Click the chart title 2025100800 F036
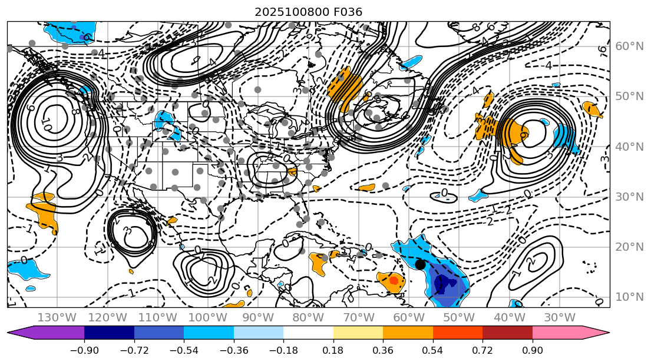tap(308, 12)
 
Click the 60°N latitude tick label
tap(630, 47)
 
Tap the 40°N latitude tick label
tap(630, 147)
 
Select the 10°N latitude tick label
tap(630, 297)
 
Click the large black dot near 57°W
tap(420, 264)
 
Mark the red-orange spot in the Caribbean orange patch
tap(394, 281)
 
